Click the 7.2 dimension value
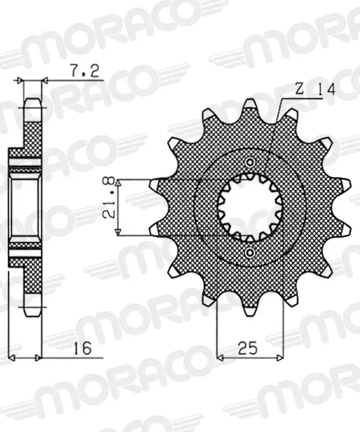[84, 71]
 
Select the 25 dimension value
[248, 348]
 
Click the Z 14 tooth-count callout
[315, 90]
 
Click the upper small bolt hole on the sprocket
[250, 162]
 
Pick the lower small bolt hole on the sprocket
[250, 252]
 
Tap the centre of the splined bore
[250, 207]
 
